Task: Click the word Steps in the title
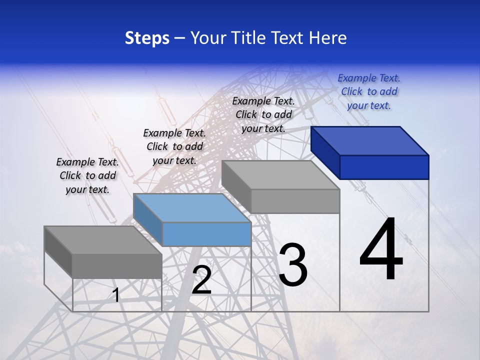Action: pos(147,38)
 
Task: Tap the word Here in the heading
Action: pos(328,38)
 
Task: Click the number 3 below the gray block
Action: pos(293,265)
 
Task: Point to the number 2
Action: pos(201,280)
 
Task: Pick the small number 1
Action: pos(115,295)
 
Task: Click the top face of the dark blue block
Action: pos(370,140)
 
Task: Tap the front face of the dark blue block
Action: pos(384,167)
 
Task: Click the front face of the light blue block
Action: pos(206,234)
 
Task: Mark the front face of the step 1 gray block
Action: pos(117,266)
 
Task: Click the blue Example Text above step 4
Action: pos(369,91)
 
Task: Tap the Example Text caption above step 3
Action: pos(263,114)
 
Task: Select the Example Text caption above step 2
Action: pos(174,146)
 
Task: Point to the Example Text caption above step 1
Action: pos(87,175)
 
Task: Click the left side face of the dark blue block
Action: pos(325,152)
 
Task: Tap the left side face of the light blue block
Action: pos(148,219)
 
